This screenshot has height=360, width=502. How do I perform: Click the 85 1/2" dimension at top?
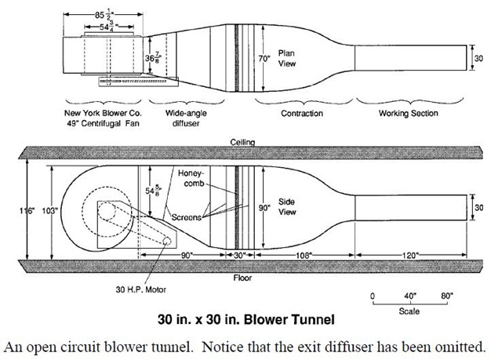click(x=103, y=15)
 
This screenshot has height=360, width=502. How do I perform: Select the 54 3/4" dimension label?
click(x=108, y=27)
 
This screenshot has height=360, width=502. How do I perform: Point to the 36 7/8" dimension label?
click(x=153, y=59)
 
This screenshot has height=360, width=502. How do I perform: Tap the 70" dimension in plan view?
click(x=264, y=59)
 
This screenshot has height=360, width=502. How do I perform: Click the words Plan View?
click(x=287, y=58)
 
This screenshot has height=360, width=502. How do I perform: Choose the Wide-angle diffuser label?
click(x=186, y=118)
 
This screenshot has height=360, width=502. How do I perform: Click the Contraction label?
click(x=302, y=113)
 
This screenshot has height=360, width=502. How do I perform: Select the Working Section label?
click(x=408, y=113)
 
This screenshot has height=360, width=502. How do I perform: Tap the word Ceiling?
click(x=242, y=142)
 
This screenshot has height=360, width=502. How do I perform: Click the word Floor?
click(x=242, y=278)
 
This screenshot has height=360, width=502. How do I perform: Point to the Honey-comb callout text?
click(x=191, y=179)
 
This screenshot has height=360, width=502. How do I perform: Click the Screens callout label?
click(x=186, y=217)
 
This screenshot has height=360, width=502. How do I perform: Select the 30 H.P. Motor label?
click(x=141, y=289)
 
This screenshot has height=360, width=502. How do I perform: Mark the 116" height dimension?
click(x=27, y=211)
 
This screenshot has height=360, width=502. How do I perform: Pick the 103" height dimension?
click(x=50, y=211)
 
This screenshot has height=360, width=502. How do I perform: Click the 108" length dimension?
click(x=304, y=255)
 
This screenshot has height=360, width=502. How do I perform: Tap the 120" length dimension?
click(x=410, y=255)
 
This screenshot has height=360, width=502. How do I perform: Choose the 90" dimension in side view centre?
click(x=264, y=208)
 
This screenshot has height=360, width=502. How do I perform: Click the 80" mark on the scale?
click(x=447, y=296)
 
